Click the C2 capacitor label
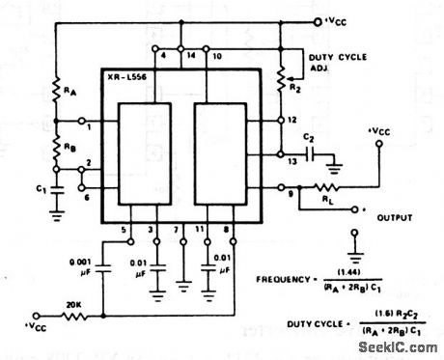tap(311, 139)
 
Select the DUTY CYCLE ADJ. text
tap(336, 64)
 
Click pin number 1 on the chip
tap(89, 125)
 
